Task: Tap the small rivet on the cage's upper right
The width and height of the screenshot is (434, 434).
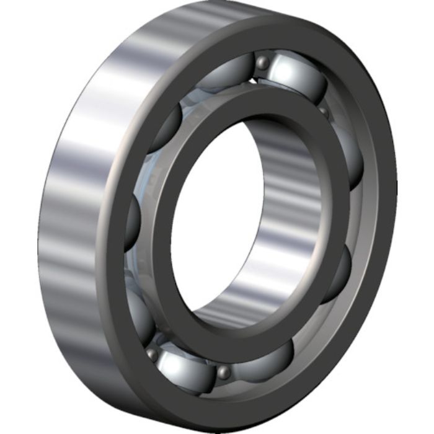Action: pyautogui.click(x=324, y=112)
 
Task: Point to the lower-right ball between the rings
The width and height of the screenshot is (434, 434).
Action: pyautogui.click(x=338, y=273)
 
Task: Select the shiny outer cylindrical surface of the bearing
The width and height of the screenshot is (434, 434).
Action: pyautogui.click(x=68, y=205)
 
